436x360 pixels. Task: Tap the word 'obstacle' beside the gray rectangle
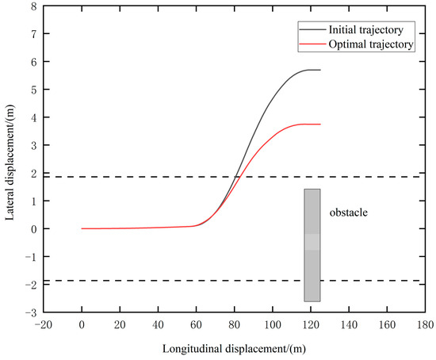point(350,213)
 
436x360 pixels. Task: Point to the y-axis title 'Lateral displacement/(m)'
point(10,159)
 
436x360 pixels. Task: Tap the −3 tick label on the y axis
point(30,313)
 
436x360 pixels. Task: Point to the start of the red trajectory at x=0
point(82,228)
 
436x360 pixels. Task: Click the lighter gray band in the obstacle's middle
point(312,242)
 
